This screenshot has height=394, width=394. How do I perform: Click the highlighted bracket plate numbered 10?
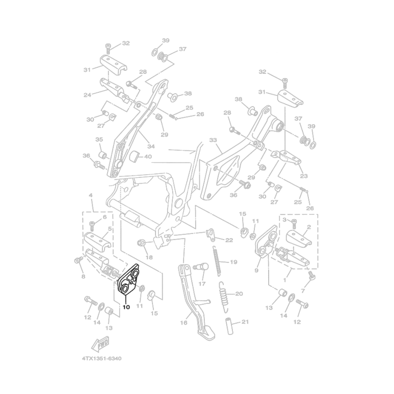pos(128,279)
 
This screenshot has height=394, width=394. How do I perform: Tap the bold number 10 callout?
pos(126,307)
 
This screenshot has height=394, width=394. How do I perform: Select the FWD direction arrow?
pos(100,343)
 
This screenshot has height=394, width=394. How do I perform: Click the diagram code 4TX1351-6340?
pos(102,358)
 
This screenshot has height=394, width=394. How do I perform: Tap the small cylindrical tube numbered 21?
pos(230,326)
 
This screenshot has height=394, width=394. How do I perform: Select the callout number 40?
pos(148,156)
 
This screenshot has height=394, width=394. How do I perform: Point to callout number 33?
pos(213,140)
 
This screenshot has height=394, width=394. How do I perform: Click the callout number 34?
pos(151,146)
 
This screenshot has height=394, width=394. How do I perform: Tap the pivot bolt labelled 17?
pos(201,268)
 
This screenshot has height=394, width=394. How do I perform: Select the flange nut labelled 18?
pos(141,243)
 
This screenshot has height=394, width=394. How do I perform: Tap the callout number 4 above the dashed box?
pos(91,195)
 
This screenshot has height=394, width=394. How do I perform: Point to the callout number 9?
pos(256,270)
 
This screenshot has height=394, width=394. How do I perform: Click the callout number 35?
pos(99,139)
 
